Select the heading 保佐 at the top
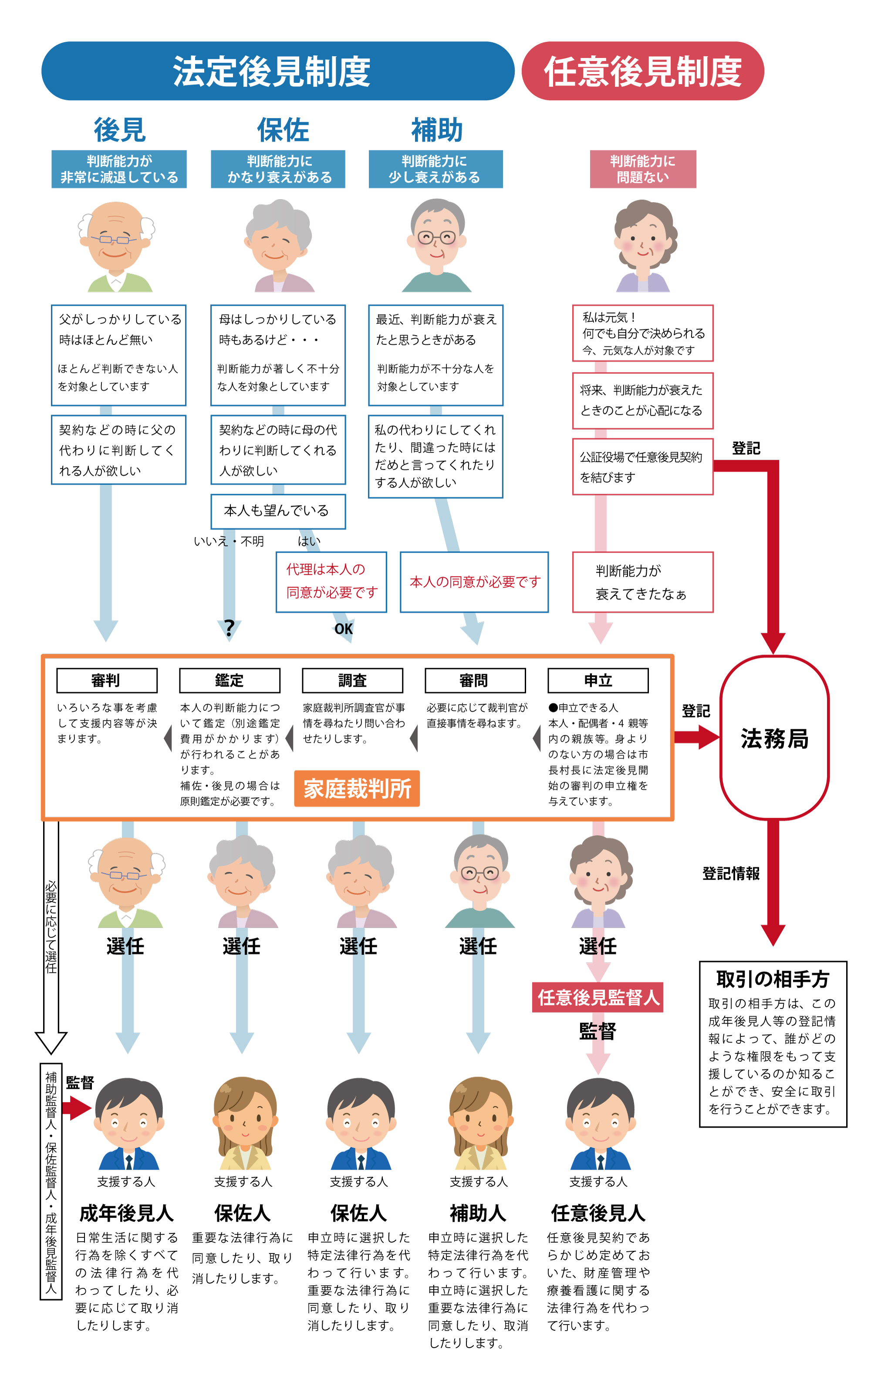coord(283,129)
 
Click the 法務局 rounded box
coord(774,738)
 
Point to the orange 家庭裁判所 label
coord(357,788)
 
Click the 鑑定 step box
coord(230,680)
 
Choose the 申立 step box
coord(598,680)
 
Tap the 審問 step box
coord(475,680)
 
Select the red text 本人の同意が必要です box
coord(474,582)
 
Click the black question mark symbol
coord(229,627)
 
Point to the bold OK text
coord(344,628)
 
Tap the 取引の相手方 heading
coord(772,978)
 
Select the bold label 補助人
coord(477,1213)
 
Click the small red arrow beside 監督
coord(77,1107)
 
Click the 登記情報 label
coord(731,873)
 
